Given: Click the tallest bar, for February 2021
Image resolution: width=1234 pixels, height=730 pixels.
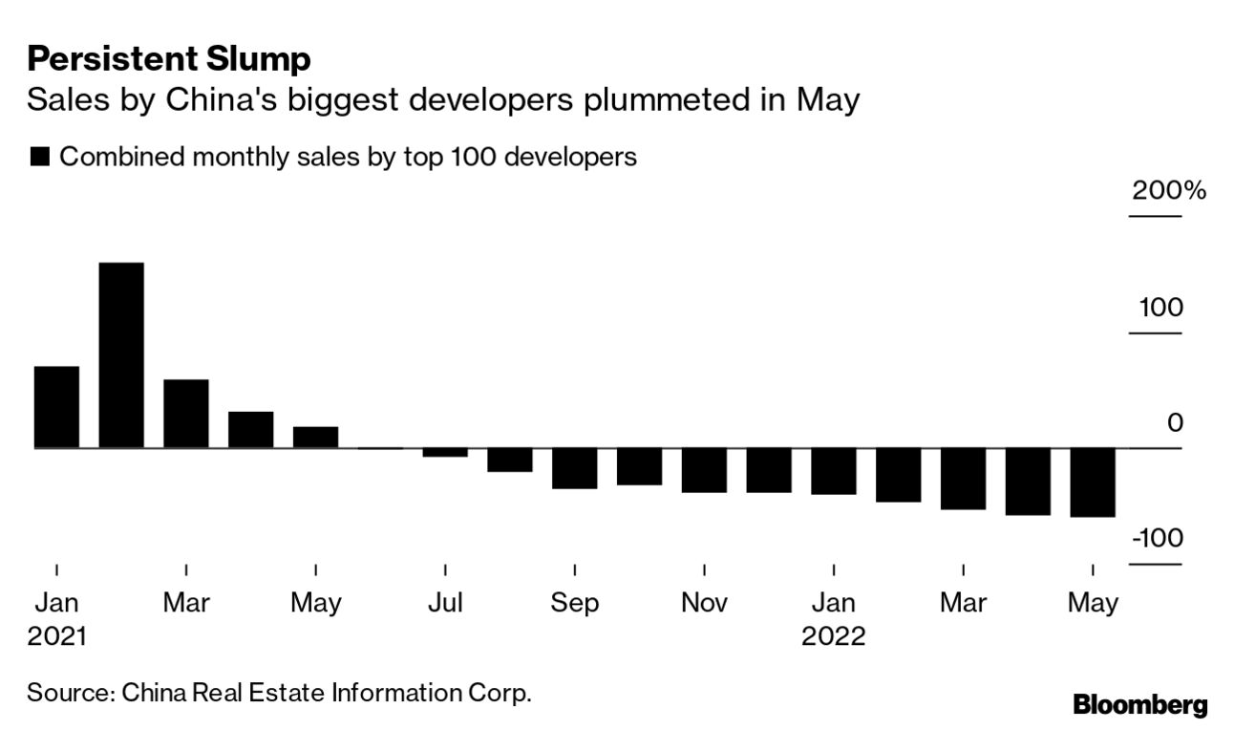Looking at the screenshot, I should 121,354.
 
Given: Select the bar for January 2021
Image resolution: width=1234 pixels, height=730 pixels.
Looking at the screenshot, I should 56,407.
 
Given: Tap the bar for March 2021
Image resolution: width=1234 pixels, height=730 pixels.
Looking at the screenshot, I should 185,414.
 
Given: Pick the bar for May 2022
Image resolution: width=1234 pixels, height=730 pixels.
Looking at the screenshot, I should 1092,483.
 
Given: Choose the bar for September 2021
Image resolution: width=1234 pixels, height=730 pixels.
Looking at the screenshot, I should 574,468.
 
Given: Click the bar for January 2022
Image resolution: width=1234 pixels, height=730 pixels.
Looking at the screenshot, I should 834,471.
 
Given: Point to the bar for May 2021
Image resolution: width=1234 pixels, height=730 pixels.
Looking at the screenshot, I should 315,438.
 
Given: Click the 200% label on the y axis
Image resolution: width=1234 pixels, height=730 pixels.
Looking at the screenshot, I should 1168,190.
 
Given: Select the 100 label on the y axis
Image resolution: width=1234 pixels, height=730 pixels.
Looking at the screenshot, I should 1160,308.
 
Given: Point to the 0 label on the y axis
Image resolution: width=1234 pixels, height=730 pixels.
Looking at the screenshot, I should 1175,422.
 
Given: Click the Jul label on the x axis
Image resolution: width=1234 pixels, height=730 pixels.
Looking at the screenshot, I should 445,603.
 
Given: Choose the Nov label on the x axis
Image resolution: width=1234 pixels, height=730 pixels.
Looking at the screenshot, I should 704,603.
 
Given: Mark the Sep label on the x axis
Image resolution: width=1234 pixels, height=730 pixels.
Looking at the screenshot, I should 574,603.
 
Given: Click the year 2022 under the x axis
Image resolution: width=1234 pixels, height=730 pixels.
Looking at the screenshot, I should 833,636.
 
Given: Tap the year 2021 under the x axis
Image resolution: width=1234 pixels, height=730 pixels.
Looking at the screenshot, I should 56,636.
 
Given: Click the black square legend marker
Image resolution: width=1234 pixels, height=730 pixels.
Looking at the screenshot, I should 40,157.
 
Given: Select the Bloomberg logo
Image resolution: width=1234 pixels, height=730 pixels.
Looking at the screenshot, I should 1140,705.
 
